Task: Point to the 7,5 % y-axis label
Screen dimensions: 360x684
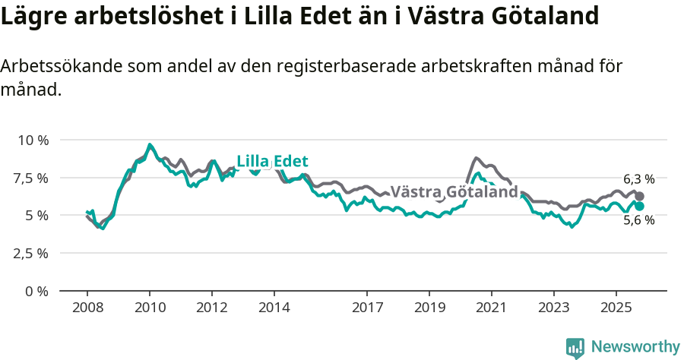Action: coord(30,178)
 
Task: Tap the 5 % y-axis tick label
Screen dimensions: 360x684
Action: coord(37,216)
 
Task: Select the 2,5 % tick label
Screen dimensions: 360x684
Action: coord(30,253)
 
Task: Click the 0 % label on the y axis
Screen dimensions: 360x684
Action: coord(37,291)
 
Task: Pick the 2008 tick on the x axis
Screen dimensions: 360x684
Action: coord(87,309)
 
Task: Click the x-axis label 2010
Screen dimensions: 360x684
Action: coord(149,309)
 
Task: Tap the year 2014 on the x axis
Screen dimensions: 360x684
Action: coord(274,309)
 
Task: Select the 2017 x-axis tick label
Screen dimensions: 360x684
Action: coord(367,309)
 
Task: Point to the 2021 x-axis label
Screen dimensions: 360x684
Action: coord(491,309)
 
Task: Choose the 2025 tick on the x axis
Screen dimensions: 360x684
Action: coord(616,309)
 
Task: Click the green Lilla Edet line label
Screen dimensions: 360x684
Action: coord(272,161)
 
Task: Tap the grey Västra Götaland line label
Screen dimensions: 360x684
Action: coord(454,192)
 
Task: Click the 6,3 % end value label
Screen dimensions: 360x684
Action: coord(638,179)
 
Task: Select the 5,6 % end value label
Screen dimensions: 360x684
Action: coord(638,220)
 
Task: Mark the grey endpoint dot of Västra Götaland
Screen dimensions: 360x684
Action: coord(640,196)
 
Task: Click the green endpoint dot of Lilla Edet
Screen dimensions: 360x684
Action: coord(640,206)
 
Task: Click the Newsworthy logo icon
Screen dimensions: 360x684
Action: coord(575,348)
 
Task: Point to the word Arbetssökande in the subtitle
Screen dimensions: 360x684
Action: coord(56,67)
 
